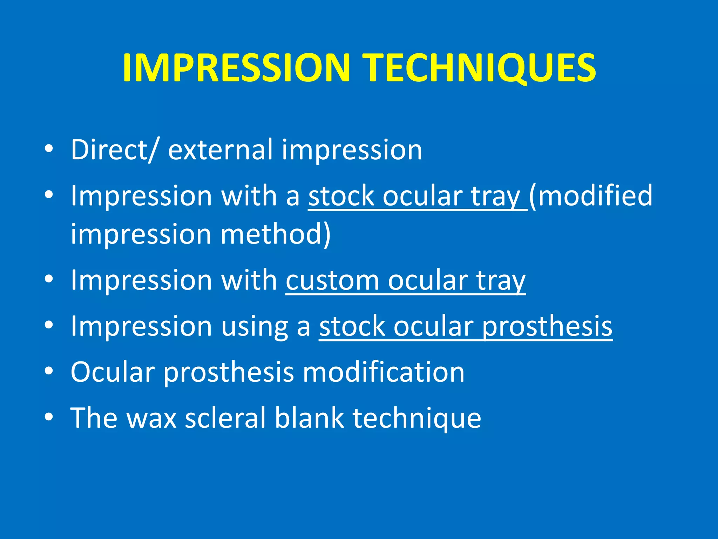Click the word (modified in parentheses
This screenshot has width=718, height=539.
[591, 196]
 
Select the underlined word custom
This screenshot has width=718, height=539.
[332, 280]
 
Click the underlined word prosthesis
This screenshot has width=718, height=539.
[547, 326]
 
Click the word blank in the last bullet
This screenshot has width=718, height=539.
[309, 418]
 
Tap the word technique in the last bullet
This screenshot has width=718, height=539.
[417, 418]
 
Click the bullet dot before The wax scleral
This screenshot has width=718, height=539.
[49, 417]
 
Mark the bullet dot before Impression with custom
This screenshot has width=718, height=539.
[49, 279]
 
